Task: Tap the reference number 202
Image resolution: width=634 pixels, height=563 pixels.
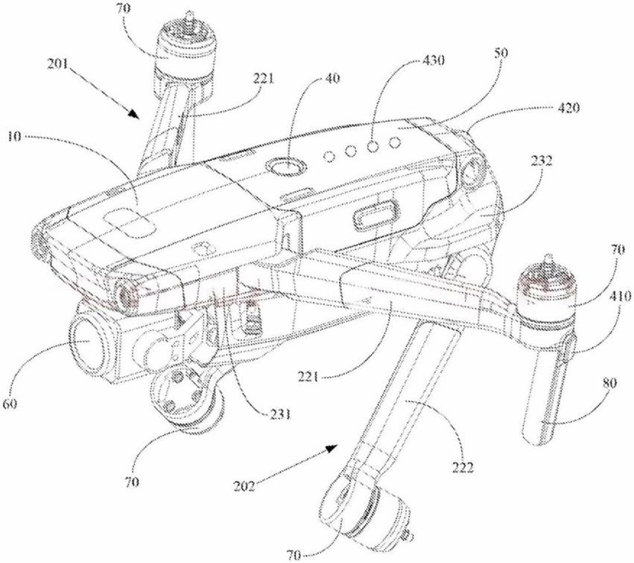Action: point(245,485)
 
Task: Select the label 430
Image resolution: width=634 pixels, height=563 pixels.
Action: point(433,60)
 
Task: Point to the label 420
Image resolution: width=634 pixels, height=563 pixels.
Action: point(568,108)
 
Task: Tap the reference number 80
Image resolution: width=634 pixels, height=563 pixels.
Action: point(609,383)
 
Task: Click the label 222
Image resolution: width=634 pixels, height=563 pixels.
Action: point(462,468)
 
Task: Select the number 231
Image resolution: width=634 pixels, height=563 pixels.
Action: point(280,413)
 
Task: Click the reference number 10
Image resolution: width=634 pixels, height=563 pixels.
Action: point(14,136)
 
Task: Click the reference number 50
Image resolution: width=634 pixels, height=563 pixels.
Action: point(501,53)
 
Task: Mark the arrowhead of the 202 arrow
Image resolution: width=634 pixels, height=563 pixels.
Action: point(332,448)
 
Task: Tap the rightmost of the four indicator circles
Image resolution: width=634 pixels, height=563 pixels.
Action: point(394,142)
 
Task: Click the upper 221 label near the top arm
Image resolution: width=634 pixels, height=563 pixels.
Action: point(263,78)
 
